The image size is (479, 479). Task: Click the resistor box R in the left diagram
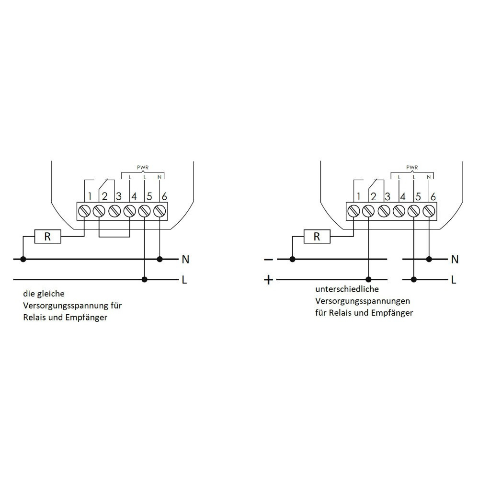click(47, 236)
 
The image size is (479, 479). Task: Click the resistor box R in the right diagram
click(317, 236)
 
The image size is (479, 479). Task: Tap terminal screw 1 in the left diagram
click(84, 211)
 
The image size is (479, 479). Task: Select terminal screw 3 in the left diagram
click(114, 211)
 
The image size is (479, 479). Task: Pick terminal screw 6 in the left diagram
click(160, 211)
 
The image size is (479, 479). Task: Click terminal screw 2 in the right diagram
click(368, 211)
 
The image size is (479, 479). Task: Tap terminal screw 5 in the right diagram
click(413, 211)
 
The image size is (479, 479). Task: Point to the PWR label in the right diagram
click(412, 168)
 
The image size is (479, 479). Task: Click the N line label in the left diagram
click(185, 260)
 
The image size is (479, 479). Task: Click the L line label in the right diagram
click(454, 280)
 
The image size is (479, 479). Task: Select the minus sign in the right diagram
click(269, 260)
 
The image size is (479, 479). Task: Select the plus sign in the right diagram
click(269, 280)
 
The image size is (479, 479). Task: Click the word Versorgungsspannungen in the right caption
click(362, 301)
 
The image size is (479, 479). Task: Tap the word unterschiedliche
click(347, 290)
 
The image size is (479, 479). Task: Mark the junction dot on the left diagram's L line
click(145, 279)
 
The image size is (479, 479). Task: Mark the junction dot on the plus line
click(368, 279)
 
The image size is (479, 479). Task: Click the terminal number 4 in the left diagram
click(134, 196)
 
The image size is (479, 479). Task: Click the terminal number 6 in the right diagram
click(433, 196)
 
